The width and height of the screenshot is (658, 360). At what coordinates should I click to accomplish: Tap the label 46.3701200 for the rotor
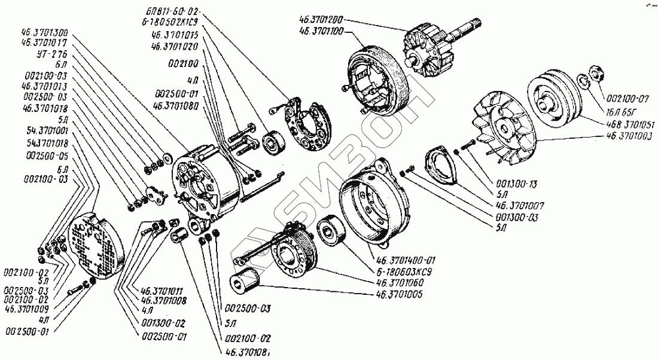click(x=321, y=19)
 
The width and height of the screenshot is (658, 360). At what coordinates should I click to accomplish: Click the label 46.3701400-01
click(x=407, y=260)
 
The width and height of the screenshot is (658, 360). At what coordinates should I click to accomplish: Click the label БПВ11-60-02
click(x=173, y=11)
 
